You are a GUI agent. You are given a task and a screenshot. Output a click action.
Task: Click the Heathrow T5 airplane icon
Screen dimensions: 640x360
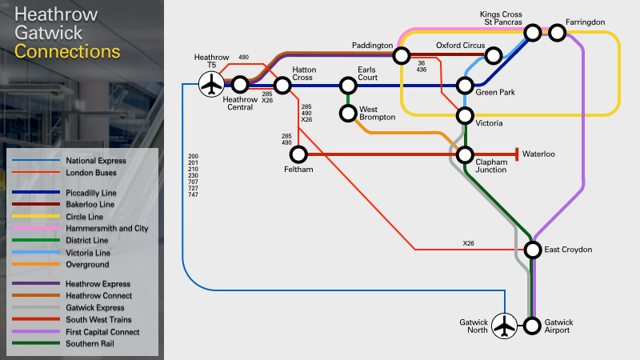(211, 84)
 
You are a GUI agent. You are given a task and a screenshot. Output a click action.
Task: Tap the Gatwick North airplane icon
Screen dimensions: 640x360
(505, 326)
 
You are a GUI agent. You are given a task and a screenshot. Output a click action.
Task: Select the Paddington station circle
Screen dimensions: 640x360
(402, 55)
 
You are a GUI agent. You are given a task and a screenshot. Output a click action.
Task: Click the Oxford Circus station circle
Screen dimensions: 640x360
(493, 55)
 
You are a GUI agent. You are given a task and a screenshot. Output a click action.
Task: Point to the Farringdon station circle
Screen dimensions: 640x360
(557, 33)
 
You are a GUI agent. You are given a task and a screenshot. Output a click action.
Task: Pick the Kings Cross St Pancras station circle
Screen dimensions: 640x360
(533, 32)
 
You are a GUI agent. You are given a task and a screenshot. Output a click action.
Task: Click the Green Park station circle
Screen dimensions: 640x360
(465, 86)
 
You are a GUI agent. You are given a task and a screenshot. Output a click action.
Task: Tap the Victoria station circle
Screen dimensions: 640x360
(465, 116)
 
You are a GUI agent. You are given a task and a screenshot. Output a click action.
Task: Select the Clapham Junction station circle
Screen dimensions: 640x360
(465, 154)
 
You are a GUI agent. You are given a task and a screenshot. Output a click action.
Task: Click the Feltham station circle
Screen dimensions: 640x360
(298, 154)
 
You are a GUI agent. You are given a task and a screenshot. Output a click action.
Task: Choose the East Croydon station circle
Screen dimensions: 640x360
(533, 250)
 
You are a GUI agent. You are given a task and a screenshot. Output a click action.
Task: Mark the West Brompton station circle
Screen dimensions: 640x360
(348, 113)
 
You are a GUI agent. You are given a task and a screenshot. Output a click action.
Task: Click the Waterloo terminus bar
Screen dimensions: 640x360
(517, 154)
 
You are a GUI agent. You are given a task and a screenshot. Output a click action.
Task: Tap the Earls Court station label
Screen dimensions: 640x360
(367, 74)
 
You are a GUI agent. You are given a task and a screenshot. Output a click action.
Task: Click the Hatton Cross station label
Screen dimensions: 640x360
(304, 74)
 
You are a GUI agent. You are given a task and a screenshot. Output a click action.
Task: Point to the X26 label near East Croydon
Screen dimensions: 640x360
(468, 243)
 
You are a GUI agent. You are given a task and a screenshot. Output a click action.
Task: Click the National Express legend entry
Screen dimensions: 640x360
(69, 161)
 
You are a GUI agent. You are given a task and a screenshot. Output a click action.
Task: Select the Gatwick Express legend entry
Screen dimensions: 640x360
(68, 308)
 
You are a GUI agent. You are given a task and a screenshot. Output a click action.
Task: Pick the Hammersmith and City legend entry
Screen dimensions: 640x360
(80, 228)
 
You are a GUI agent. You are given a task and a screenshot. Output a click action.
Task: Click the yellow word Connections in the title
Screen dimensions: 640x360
(67, 52)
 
